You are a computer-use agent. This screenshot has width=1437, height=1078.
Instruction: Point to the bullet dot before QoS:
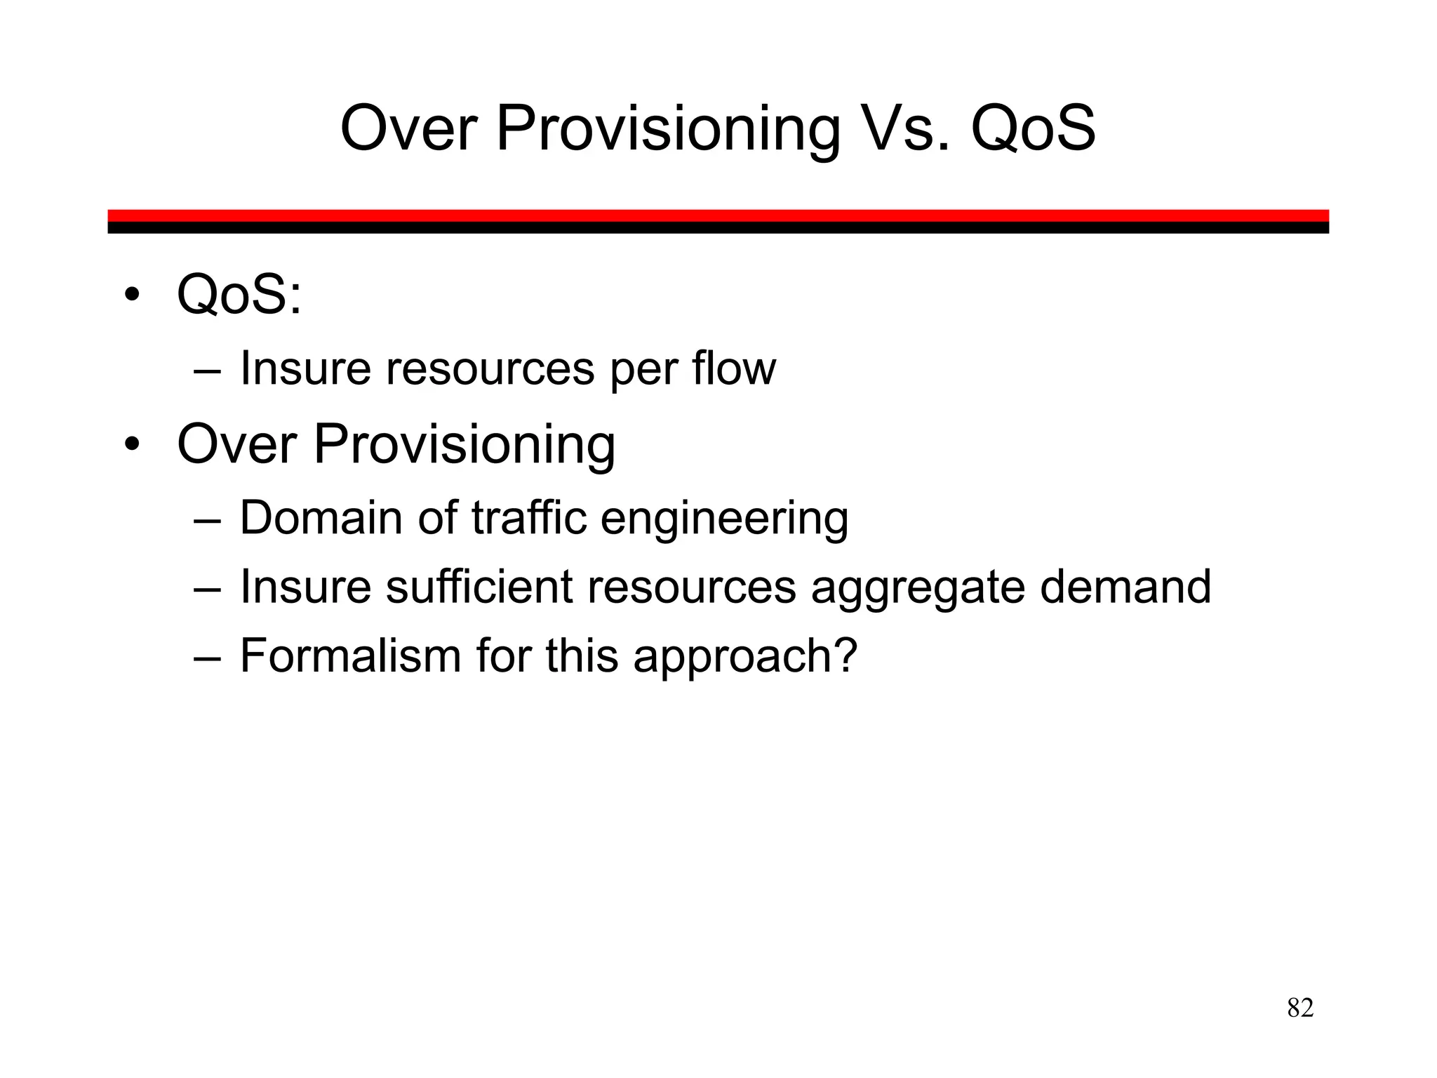point(131,295)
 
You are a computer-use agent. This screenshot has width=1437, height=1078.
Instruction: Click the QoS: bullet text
point(239,295)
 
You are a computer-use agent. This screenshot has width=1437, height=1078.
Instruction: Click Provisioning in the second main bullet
point(464,445)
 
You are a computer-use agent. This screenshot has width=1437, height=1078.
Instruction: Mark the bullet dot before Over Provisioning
point(131,445)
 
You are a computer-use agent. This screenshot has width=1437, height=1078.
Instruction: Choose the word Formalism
point(351,656)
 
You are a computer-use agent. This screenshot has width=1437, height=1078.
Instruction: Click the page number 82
point(1300,1008)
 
